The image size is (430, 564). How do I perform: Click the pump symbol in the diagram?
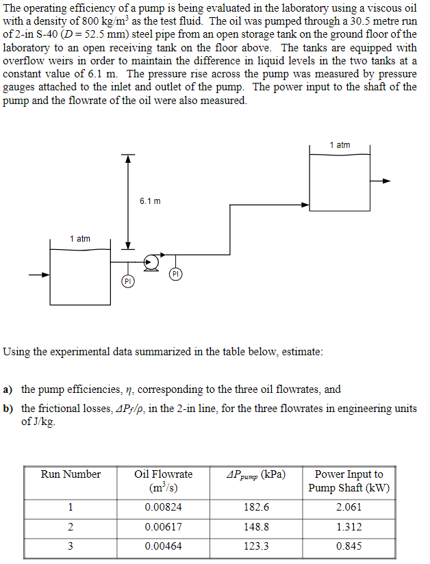click(153, 261)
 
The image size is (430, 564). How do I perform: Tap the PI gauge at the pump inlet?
click(127, 281)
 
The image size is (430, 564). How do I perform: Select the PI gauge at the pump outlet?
click(175, 274)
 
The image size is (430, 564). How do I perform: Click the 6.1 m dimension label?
click(149, 201)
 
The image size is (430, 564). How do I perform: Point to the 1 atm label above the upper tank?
click(340, 144)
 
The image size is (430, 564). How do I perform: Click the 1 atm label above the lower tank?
click(80, 238)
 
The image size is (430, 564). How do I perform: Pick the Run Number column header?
click(71, 474)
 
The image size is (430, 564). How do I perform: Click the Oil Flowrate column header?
click(164, 480)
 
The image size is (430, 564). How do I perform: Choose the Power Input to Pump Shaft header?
click(349, 480)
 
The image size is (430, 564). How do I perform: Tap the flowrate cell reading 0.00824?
click(164, 507)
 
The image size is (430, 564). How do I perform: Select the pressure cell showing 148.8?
click(256, 527)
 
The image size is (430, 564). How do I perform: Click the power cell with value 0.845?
click(349, 546)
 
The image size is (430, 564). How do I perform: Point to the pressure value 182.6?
click(256, 507)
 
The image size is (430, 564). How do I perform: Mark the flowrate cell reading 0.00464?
click(164, 546)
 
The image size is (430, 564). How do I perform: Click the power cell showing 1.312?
click(349, 527)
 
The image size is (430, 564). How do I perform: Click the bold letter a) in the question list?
click(8, 389)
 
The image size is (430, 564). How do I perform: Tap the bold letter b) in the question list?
click(8, 408)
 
